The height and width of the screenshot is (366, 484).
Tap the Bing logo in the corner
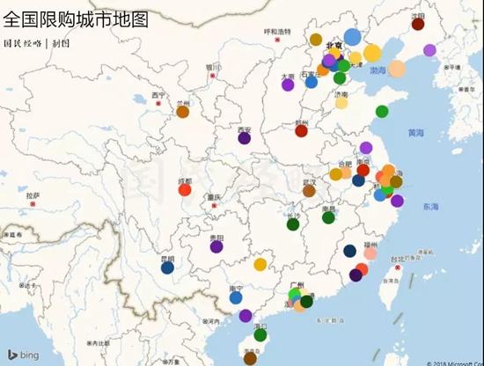24,354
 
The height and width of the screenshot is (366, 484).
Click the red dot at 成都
185,189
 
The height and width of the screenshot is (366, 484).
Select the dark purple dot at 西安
245,138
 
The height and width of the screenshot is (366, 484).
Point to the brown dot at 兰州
183,112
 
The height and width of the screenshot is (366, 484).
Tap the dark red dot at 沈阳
418,24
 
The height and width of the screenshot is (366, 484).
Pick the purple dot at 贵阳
216,246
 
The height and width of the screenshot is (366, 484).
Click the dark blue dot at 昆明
167,267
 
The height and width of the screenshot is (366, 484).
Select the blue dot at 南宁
236,297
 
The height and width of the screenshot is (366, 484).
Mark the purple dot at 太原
288,84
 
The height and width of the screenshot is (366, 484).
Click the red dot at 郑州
301,131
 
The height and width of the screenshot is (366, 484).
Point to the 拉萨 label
33,196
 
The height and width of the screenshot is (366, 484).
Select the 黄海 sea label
415,133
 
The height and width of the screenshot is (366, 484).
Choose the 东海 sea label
429,207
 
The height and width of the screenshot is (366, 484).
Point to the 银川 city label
212,66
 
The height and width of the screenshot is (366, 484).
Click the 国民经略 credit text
23,41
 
